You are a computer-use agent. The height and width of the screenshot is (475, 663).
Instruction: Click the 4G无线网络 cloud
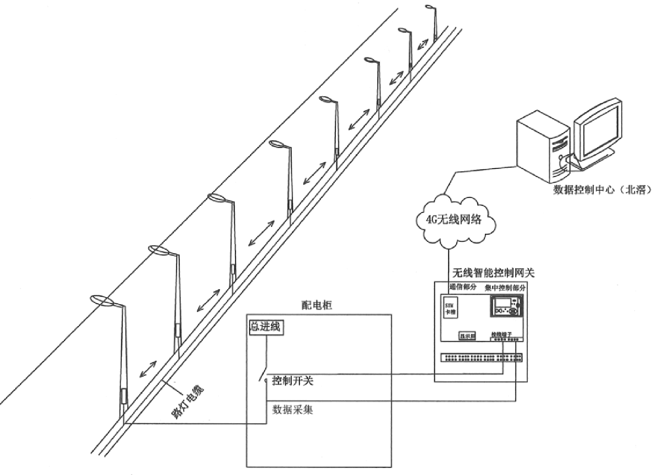pyautogui.click(x=454, y=219)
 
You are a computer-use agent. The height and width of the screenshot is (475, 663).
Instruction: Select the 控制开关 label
pyautogui.click(x=293, y=381)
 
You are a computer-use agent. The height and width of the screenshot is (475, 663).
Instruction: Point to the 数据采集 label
pyautogui.click(x=293, y=409)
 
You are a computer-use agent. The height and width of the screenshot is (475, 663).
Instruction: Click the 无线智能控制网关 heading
pyautogui.click(x=493, y=273)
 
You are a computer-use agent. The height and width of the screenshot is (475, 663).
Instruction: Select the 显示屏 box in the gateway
pyautogui.click(x=467, y=336)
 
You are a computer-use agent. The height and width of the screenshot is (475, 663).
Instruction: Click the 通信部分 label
pyautogui.click(x=463, y=287)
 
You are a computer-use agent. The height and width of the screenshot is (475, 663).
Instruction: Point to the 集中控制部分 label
pyautogui.click(x=505, y=288)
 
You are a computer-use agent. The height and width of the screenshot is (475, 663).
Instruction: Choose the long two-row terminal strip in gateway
pyautogui.click(x=481, y=358)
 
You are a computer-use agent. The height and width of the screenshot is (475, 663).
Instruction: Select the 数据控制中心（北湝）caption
pyautogui.click(x=603, y=190)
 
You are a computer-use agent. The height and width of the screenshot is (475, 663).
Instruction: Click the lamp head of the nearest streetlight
pyautogui.click(x=101, y=300)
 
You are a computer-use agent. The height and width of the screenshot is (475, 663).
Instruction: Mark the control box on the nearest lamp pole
pyautogui.click(x=123, y=396)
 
